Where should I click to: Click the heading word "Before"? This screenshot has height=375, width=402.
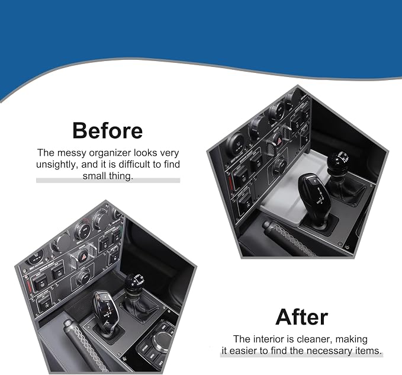tap(107, 130)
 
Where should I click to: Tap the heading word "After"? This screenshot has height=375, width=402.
tap(301, 317)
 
